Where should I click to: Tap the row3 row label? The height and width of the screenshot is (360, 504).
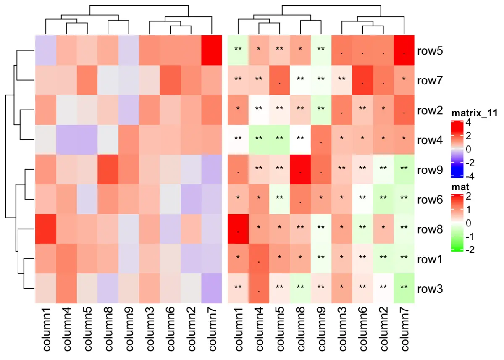pyautogui.click(x=430, y=289)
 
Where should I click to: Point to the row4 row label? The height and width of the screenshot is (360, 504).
pyautogui.click(x=430, y=140)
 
